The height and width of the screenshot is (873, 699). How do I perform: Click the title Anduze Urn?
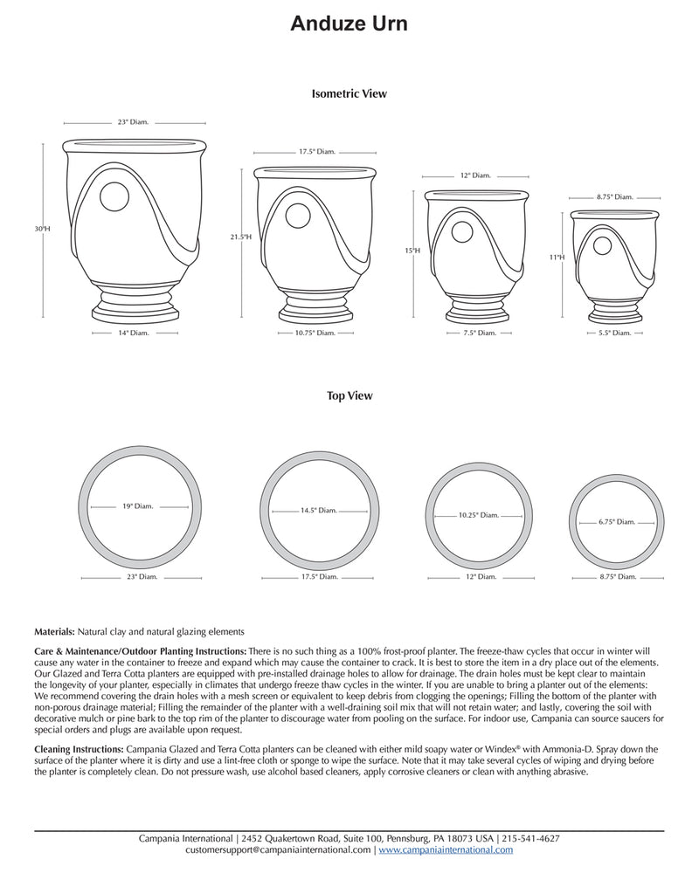(x=349, y=24)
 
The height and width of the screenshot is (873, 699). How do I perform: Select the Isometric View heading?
(x=349, y=93)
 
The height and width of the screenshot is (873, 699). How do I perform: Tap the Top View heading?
(x=349, y=395)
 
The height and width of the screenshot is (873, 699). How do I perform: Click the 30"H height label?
(x=43, y=229)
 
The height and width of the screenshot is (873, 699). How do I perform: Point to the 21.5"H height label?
(x=241, y=237)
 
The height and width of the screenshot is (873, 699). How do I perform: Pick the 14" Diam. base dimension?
(x=134, y=333)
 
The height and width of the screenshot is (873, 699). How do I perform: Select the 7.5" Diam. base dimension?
(x=479, y=333)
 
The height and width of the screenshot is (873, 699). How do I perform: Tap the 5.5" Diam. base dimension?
(x=615, y=333)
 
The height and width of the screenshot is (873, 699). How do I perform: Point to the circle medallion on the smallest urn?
(x=601, y=246)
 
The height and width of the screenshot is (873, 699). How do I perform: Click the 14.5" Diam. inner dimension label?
(x=318, y=510)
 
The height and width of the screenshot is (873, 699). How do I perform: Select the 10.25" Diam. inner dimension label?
(x=478, y=515)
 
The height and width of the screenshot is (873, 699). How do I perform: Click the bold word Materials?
(x=54, y=631)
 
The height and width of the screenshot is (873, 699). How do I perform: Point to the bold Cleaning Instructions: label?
(x=80, y=749)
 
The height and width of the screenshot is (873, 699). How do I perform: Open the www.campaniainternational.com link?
(x=446, y=849)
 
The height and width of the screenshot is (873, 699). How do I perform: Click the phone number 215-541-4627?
(x=531, y=839)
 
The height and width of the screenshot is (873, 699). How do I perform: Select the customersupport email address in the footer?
(x=278, y=849)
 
